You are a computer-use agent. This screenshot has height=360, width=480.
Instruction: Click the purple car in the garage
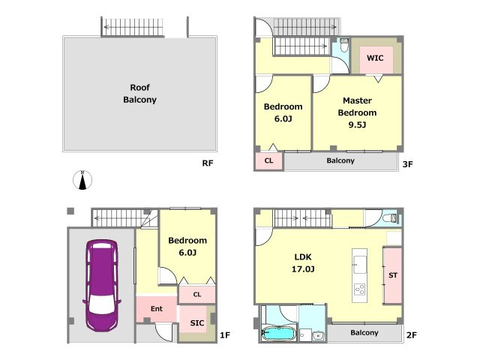click(x=102, y=286)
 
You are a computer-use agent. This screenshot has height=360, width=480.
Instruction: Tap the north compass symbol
click(x=82, y=180)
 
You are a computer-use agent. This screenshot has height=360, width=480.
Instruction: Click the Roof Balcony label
click(x=140, y=93)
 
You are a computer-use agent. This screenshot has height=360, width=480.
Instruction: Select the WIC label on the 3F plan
click(x=375, y=58)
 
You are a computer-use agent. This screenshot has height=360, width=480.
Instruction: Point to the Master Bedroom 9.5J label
click(x=357, y=112)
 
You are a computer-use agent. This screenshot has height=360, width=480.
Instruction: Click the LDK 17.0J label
click(x=303, y=263)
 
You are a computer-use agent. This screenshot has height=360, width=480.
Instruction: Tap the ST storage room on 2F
click(x=393, y=275)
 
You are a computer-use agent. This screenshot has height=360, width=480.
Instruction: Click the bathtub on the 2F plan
click(x=278, y=333)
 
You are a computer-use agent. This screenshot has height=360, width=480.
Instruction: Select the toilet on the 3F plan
click(x=344, y=45)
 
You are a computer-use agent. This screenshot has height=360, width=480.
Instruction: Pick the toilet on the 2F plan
click(x=390, y=218)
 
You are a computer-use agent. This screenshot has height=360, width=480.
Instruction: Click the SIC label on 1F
click(x=197, y=323)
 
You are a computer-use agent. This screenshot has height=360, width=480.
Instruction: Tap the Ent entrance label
click(x=157, y=308)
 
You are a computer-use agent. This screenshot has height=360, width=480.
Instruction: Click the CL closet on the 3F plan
click(x=268, y=160)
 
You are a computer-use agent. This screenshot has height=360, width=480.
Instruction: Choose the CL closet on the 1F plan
click(x=196, y=295)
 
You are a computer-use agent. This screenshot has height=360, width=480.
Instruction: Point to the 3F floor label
click(x=408, y=164)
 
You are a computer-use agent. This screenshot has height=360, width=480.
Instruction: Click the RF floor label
click(x=208, y=163)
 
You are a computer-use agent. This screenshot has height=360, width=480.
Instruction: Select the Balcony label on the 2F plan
click(x=364, y=332)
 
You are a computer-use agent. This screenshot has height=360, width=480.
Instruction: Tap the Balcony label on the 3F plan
click(x=340, y=160)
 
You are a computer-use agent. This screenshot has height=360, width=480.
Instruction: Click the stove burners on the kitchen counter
click(x=359, y=289)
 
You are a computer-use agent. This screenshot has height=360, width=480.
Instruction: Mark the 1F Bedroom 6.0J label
click(x=187, y=247)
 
